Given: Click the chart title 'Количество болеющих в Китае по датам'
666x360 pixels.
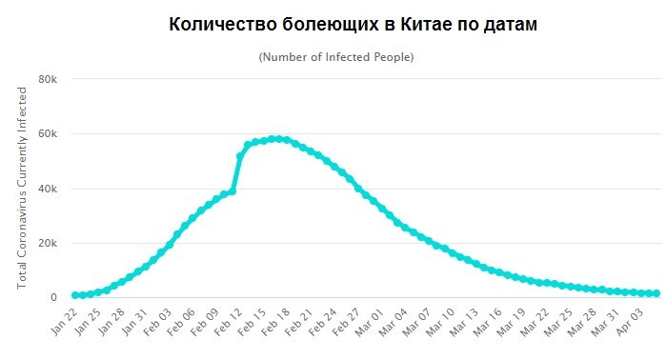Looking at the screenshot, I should [x=353, y=25].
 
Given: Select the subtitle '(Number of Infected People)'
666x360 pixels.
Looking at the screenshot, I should [x=336, y=57].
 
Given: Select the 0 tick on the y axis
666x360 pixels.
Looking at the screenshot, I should [x=54, y=298].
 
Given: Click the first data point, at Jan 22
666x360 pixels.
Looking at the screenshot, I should [x=75, y=295].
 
